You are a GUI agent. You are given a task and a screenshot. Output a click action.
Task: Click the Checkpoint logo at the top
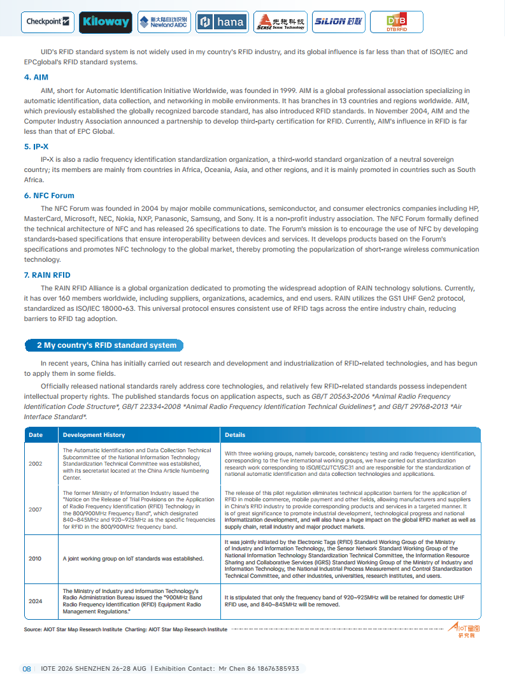pyautogui.click(x=48, y=22)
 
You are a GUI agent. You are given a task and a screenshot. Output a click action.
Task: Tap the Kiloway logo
pyautogui.click(x=106, y=22)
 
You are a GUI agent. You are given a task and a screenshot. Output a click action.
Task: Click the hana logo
pyautogui.click(x=222, y=22)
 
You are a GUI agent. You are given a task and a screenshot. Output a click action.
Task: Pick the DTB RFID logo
pyautogui.click(x=396, y=22)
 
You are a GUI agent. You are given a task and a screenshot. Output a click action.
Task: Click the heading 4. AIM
pyautogui.click(x=36, y=77)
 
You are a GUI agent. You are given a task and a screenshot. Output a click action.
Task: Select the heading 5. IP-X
pyautogui.click(x=36, y=146)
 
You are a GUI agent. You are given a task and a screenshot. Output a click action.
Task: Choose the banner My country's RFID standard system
pyautogui.click(x=106, y=345)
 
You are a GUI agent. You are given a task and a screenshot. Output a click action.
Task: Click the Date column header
pyautogui.click(x=36, y=435)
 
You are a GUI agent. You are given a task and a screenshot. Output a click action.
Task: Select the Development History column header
pyautogui.click(x=94, y=435)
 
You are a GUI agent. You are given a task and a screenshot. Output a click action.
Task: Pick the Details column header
pyautogui.click(x=235, y=435)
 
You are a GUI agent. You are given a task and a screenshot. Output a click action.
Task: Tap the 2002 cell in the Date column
pyautogui.click(x=36, y=464)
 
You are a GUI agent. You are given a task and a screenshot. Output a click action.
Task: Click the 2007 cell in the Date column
pyautogui.click(x=36, y=510)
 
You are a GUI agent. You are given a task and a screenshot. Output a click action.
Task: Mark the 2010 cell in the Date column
pyautogui.click(x=36, y=559)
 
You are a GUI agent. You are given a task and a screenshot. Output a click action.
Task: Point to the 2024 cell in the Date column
pyautogui.click(x=36, y=601)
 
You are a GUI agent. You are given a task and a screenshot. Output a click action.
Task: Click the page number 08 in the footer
pyautogui.click(x=27, y=669)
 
